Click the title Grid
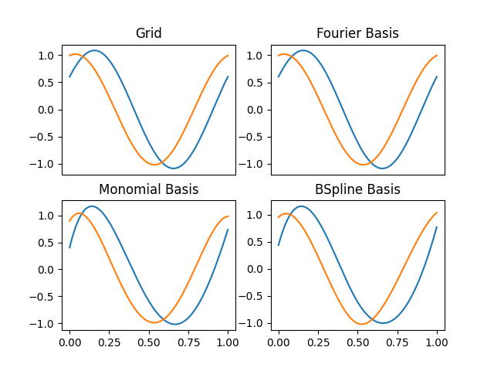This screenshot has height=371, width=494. [x=149, y=33]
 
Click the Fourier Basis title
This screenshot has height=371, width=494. [x=357, y=33]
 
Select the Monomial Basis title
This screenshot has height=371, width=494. [x=149, y=189]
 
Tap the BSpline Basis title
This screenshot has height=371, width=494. [x=357, y=189]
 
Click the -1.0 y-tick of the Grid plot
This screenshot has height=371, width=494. [x=44, y=164]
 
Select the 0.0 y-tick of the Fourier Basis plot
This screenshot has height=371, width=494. [x=257, y=110]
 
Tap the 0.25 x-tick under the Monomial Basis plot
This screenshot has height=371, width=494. [x=109, y=341]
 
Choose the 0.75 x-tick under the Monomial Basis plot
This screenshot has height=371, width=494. [x=188, y=341]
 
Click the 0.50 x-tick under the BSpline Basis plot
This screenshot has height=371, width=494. [x=357, y=341]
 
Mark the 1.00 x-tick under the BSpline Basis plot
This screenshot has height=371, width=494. [x=437, y=341]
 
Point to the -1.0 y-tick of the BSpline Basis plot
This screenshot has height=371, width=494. [x=253, y=323]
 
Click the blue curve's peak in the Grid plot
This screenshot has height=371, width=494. [x=94, y=51]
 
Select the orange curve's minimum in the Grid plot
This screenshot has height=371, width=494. [x=154, y=165]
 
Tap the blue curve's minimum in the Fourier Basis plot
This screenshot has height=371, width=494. [x=382, y=168]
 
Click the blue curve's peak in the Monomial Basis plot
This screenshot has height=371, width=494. [x=92, y=206]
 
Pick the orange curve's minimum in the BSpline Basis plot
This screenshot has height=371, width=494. [x=363, y=324]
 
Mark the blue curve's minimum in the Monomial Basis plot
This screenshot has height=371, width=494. [x=175, y=324]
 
